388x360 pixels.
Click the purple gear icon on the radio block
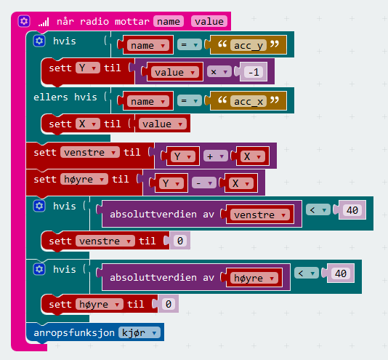click(x=24, y=21)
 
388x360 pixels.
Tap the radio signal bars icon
click(x=44, y=22)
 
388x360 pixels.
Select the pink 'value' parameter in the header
click(x=209, y=21)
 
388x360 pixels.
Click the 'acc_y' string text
click(x=248, y=45)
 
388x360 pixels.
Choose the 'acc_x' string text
click(x=248, y=101)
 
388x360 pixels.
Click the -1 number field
click(x=254, y=72)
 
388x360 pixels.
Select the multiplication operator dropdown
click(x=219, y=72)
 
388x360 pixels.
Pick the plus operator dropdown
click(x=216, y=156)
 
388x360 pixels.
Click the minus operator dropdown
click(x=204, y=183)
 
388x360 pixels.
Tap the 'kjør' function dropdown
click(x=140, y=333)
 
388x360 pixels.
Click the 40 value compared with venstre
click(x=352, y=210)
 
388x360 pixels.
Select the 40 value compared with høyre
click(x=341, y=273)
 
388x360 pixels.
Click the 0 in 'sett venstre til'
click(x=180, y=241)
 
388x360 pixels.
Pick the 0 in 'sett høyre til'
click(x=169, y=304)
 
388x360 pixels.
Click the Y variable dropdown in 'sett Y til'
click(x=88, y=68)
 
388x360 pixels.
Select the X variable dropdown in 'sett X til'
click(x=88, y=124)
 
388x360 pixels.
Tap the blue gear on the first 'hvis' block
click(x=39, y=41)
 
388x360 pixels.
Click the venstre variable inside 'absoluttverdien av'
click(x=260, y=215)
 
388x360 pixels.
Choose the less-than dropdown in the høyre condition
click(x=307, y=273)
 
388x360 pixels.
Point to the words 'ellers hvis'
click(x=65, y=97)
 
